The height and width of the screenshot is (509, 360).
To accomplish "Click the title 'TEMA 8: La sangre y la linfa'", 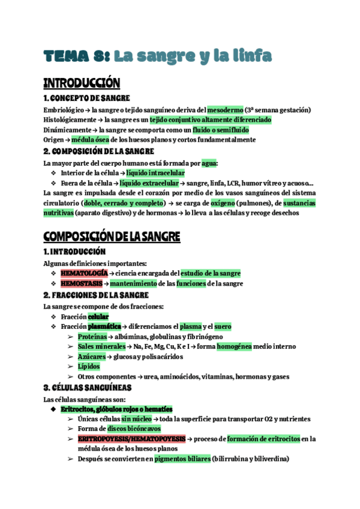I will pyautogui.click(x=158, y=56).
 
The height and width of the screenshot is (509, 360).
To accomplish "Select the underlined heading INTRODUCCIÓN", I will pyautogui.click(x=82, y=83).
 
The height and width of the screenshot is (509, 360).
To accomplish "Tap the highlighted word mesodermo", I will pyautogui.click(x=225, y=110).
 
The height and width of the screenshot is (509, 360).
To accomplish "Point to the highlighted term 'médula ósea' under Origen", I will pyautogui.click(x=82, y=139).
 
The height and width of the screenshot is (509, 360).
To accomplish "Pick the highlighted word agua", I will pyautogui.click(x=209, y=163).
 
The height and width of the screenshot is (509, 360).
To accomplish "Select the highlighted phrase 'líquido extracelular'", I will pyautogui.click(x=149, y=182).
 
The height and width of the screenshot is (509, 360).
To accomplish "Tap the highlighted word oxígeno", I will pyautogui.click(x=223, y=202).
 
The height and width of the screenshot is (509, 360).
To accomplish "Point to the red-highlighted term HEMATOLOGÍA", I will pyautogui.click(x=83, y=274).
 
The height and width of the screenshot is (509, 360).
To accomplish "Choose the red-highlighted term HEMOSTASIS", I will pyautogui.click(x=81, y=283).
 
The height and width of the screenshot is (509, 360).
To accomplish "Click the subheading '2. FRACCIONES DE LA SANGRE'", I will pyautogui.click(x=95, y=295).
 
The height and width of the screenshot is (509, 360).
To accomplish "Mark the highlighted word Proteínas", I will pyautogui.click(x=92, y=337).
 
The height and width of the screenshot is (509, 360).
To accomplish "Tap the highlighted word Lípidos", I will pyautogui.click(x=88, y=366).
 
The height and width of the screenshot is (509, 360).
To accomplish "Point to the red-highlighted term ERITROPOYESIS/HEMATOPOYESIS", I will pyautogui.click(x=131, y=439).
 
